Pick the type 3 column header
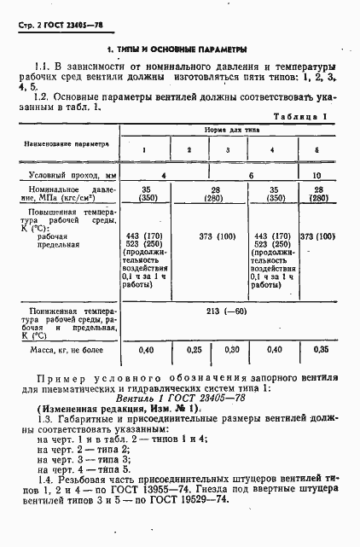(228, 151)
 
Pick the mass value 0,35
(317, 350)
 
